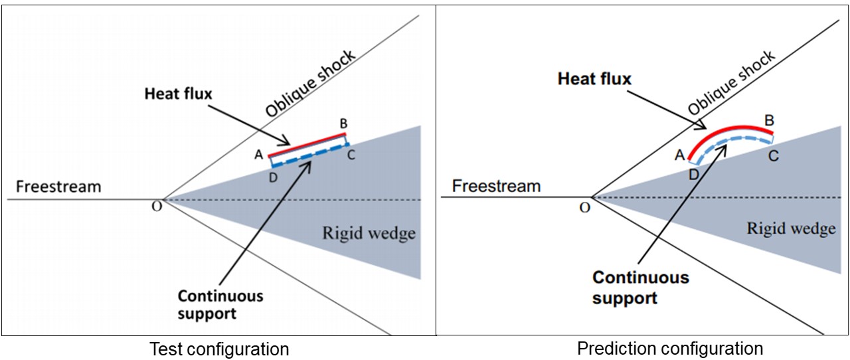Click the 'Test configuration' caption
pos(219,349)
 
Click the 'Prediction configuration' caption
pos(670,348)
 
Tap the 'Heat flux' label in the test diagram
pos(178,94)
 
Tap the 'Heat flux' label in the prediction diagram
pos(594,79)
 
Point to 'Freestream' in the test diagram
pos(58,186)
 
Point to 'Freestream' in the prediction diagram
pos(496,186)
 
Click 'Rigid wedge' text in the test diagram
pos(369,233)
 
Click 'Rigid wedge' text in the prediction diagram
pos(791,229)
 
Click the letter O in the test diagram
pos(156,206)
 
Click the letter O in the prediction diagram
pos(584,207)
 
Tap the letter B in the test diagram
pos(344,123)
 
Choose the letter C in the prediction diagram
pos(774,157)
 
